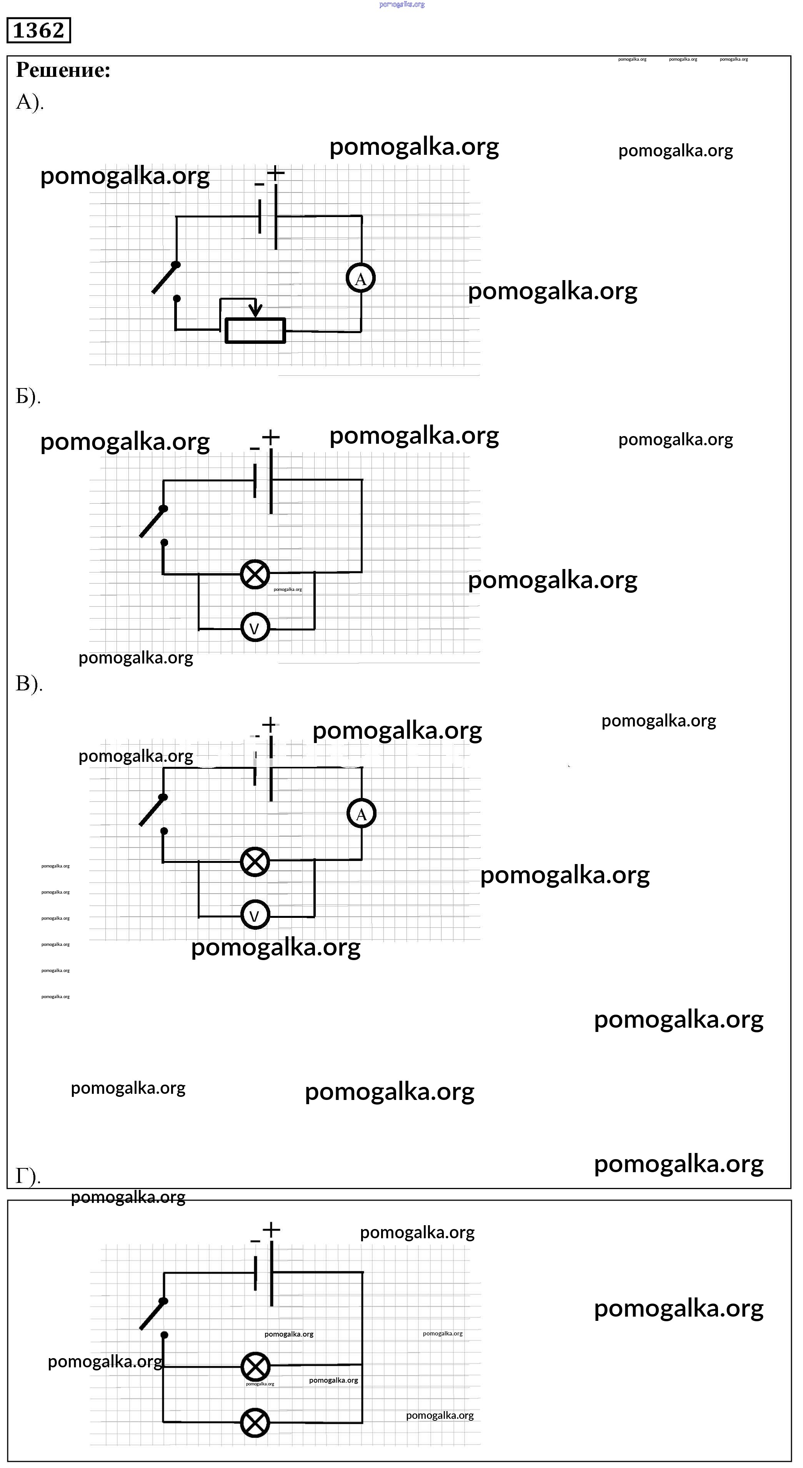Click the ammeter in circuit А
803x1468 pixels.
pyautogui.click(x=360, y=279)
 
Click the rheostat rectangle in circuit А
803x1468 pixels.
pyautogui.click(x=255, y=330)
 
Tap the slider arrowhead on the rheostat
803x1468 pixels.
pyautogui.click(x=257, y=310)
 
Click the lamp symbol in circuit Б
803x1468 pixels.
pyautogui.click(x=255, y=574)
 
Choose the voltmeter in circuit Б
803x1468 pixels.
pyautogui.click(x=255, y=628)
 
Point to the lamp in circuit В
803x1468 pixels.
pyautogui.click(x=255, y=862)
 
